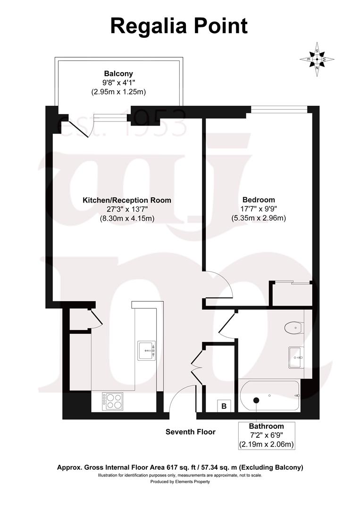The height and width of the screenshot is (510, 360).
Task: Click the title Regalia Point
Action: (x=179, y=26)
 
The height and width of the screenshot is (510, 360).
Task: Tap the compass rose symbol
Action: (x=317, y=59)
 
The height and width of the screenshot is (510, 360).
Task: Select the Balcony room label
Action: (x=118, y=74)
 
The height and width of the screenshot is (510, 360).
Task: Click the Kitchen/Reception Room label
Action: (x=127, y=200)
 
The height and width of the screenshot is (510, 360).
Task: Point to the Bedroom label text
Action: (x=258, y=200)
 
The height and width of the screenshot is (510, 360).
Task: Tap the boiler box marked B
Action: (x=224, y=406)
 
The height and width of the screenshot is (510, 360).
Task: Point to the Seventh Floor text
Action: (x=190, y=432)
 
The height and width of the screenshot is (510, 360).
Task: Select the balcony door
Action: (x=78, y=127)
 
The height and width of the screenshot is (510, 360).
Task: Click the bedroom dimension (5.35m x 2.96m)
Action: (x=258, y=218)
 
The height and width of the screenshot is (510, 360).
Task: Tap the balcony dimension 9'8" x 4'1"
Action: (x=118, y=83)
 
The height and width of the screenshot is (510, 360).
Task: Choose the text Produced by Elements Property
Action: (x=180, y=482)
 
